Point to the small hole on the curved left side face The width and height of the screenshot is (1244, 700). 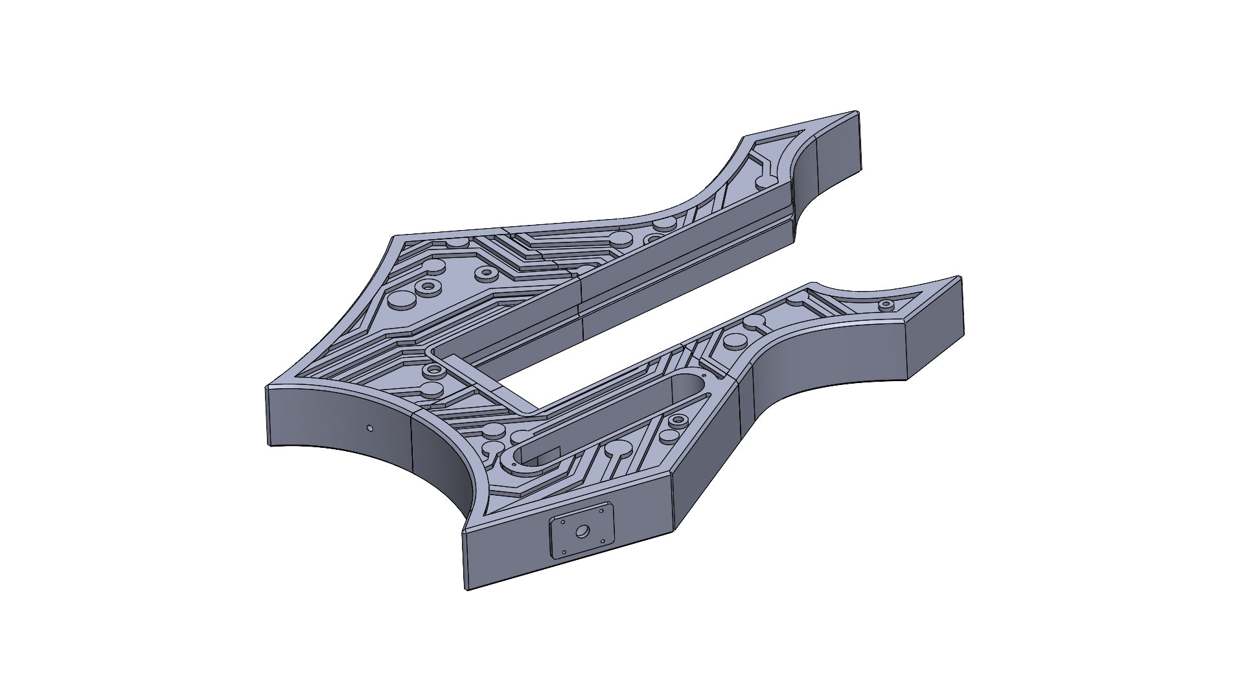click(369, 428)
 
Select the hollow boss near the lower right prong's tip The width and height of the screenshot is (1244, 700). click(886, 304)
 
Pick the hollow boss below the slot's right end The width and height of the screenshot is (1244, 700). click(678, 421)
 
